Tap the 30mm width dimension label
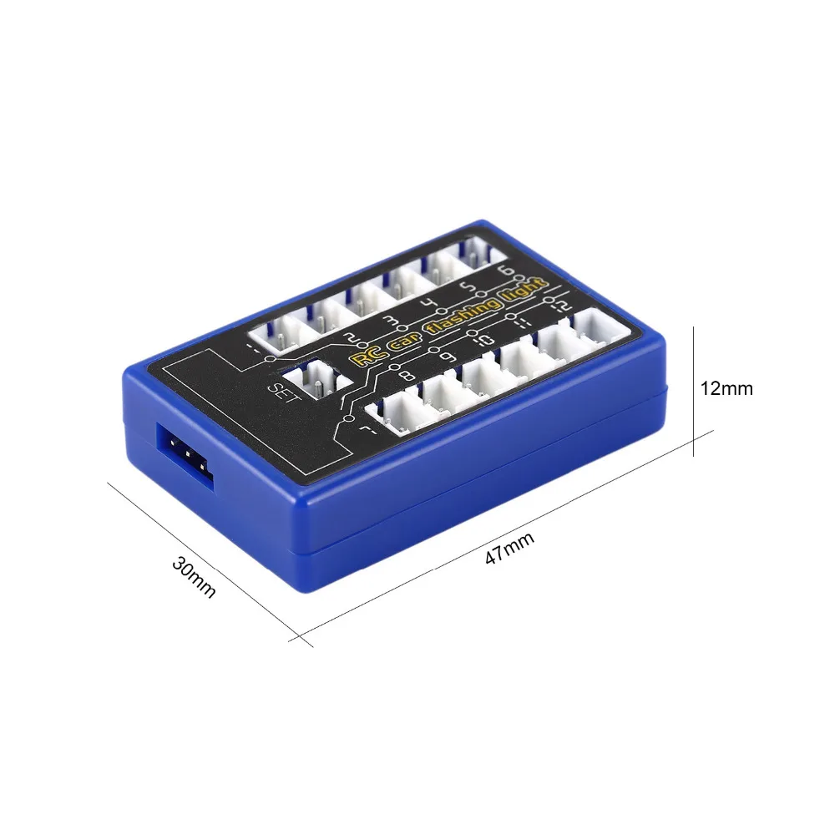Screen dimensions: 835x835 pyautogui.click(x=194, y=576)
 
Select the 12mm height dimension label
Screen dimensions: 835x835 pyautogui.click(x=726, y=388)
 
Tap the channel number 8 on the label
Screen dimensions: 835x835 pyautogui.click(x=407, y=377)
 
